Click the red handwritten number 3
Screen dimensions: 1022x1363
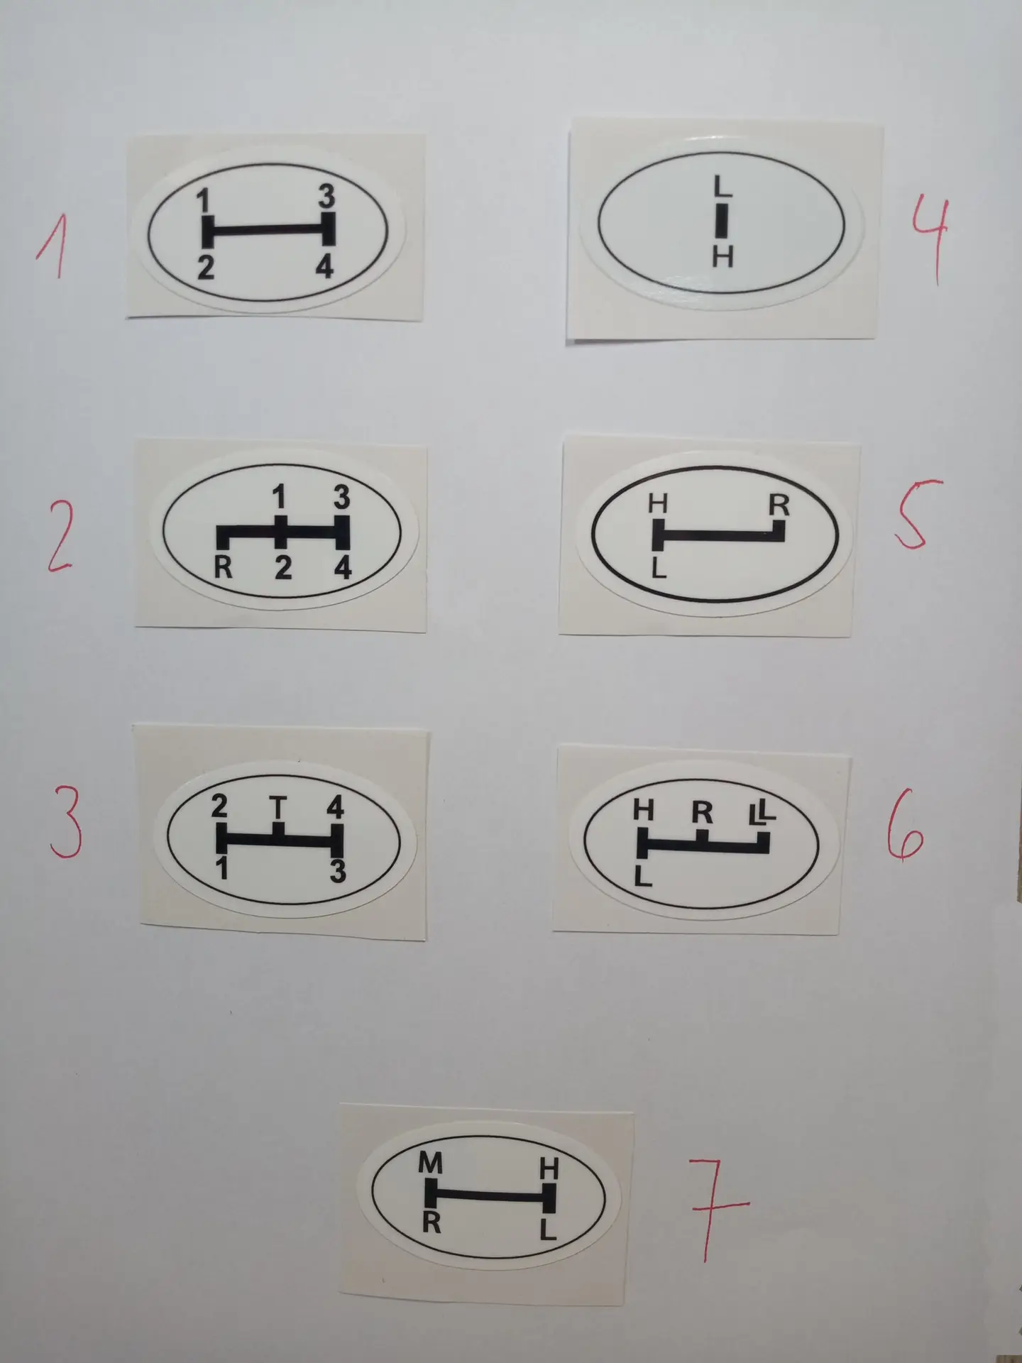click(65, 826)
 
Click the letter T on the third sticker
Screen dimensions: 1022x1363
click(279, 807)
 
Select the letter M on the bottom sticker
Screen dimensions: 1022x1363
click(430, 1164)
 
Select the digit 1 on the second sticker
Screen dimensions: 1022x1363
click(280, 500)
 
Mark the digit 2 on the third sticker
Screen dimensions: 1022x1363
click(220, 807)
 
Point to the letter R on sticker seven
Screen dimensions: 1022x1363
click(432, 1222)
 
